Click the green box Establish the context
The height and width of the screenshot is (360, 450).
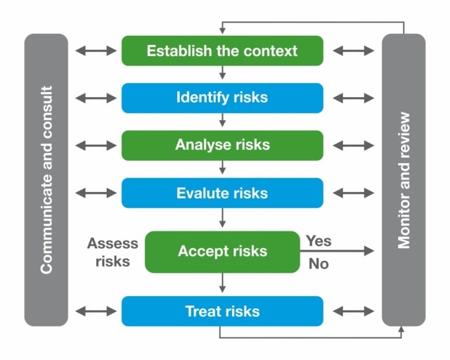point(222,51)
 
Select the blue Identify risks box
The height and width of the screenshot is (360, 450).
point(222,98)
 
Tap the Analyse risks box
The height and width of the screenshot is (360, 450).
point(222,146)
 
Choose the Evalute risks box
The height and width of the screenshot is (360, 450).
point(222,193)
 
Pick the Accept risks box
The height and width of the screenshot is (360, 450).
point(222,252)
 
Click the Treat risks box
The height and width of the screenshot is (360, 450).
point(222,311)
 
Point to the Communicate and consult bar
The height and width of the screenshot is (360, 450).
point(46,180)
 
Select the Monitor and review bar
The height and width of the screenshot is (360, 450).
point(404,180)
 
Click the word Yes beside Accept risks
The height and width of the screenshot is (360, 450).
point(319,241)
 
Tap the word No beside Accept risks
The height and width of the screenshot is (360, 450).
point(319,264)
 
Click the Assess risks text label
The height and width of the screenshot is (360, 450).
point(112,252)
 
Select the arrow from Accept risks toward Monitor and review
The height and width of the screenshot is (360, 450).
point(337,251)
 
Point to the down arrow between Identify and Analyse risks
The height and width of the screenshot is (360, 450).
point(222,120)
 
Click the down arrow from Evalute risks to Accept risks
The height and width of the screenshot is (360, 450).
point(222,218)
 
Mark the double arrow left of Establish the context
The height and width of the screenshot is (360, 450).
point(96,51)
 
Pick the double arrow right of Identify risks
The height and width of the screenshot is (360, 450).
point(353,98)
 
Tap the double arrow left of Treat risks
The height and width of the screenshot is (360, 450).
point(96,311)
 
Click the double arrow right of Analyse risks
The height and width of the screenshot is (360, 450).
point(353,146)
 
